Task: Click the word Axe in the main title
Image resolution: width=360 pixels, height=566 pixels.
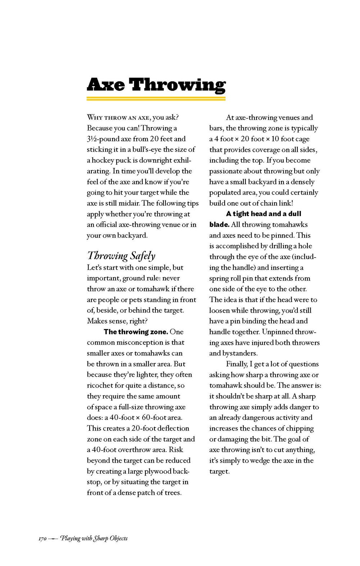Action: click(x=106, y=85)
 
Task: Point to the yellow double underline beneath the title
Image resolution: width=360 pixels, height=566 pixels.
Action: click(x=156, y=98)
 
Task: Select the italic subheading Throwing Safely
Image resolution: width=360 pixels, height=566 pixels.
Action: click(x=121, y=256)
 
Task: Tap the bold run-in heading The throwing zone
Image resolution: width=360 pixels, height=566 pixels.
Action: click(x=136, y=332)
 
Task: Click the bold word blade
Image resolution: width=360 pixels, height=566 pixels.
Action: click(x=219, y=224)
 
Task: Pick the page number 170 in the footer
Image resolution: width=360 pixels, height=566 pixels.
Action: click(x=42, y=539)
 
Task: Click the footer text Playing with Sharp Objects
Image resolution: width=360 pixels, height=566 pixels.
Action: click(x=94, y=539)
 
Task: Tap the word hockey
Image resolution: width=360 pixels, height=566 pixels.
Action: click(x=104, y=160)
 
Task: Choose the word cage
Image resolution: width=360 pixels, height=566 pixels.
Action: click(x=302, y=139)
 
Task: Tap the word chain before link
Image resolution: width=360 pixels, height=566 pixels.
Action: click(x=272, y=203)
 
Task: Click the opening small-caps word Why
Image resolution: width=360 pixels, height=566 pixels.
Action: click(x=95, y=117)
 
